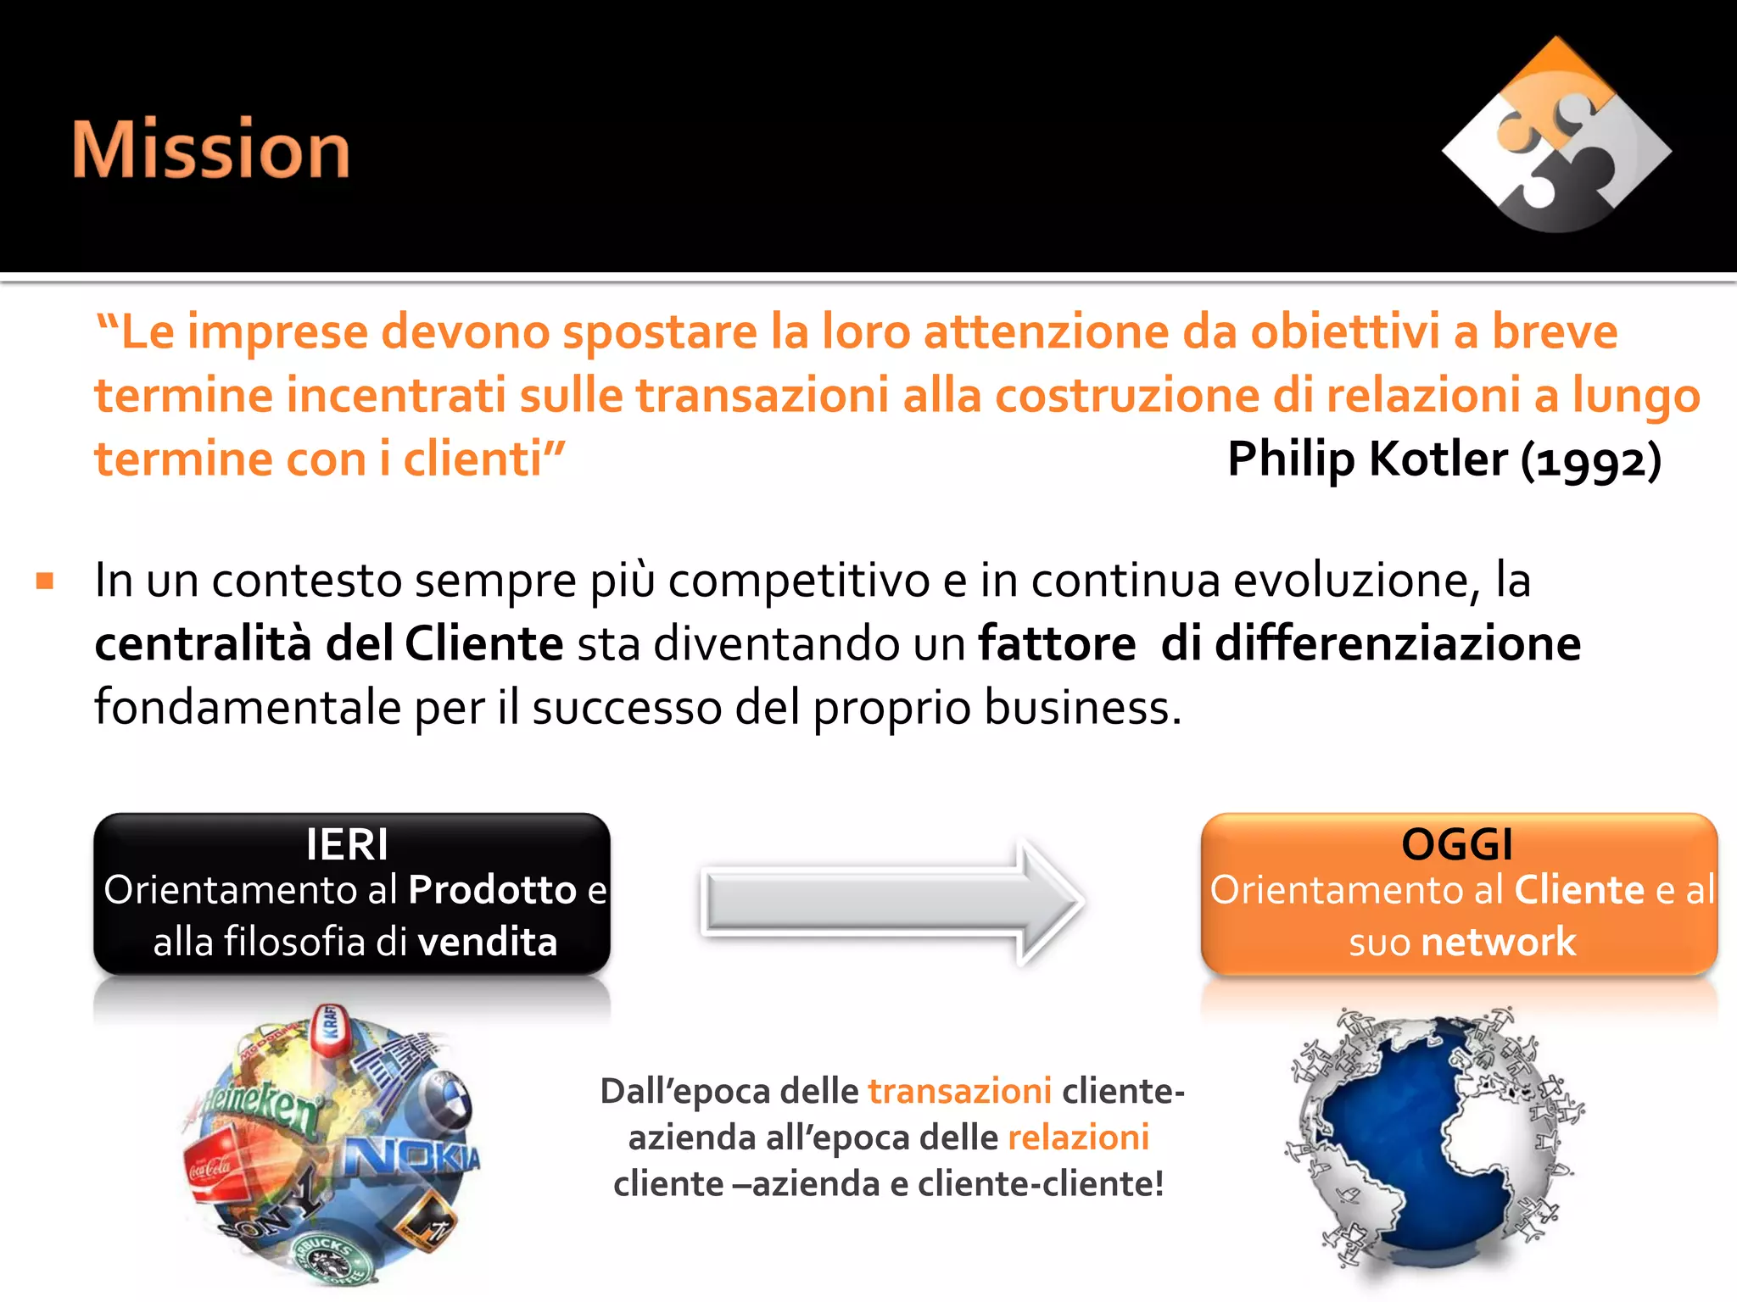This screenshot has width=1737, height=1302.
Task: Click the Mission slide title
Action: [x=211, y=149]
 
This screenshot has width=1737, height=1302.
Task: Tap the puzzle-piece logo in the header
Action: [x=1556, y=136]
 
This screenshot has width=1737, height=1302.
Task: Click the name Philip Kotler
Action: [x=1367, y=459]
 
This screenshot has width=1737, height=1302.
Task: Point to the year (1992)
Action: [x=1591, y=461]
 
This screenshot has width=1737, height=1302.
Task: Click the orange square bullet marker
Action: [x=45, y=581]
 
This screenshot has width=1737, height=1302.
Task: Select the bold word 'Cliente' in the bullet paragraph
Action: [x=483, y=643]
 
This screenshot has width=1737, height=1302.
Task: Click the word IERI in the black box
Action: [x=347, y=844]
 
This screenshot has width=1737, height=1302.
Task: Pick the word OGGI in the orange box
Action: [x=1457, y=844]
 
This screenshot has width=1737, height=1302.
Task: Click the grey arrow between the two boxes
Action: [x=891, y=901]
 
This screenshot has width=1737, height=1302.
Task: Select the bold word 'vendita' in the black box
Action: [x=488, y=943]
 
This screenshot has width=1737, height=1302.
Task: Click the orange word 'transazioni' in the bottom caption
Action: [x=959, y=1091]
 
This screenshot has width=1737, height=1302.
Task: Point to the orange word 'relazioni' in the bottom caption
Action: [x=1078, y=1138]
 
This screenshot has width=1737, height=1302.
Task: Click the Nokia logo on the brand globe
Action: [x=415, y=1155]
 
